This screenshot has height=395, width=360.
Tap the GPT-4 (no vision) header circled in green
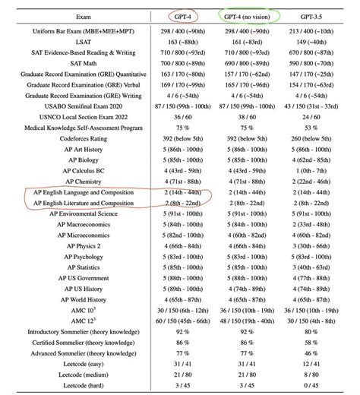(248, 16)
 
